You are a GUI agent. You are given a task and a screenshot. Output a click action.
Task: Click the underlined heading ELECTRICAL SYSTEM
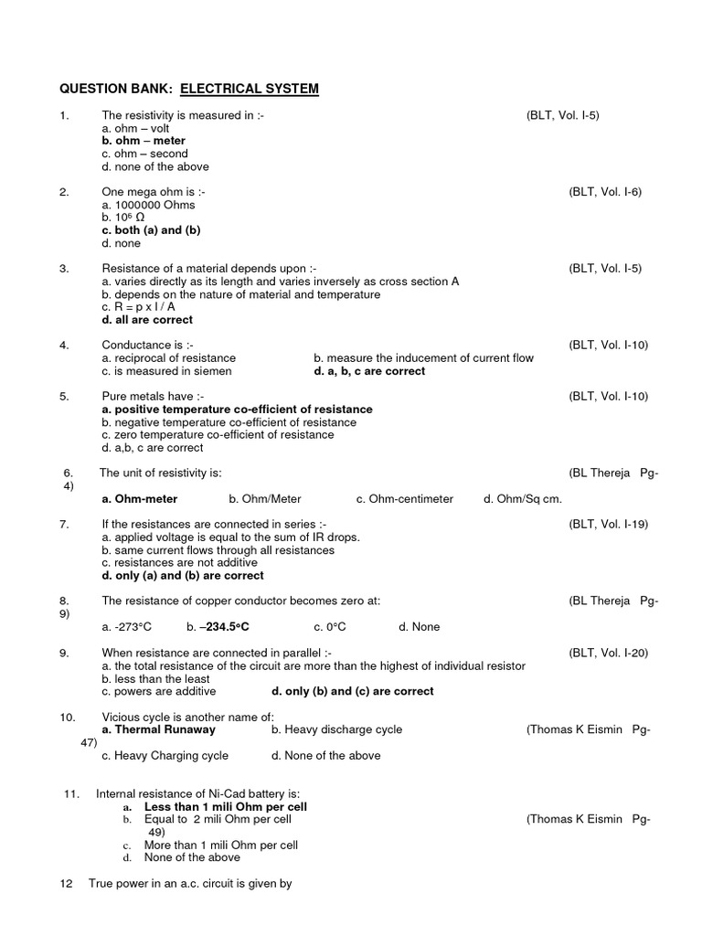pyautogui.click(x=249, y=89)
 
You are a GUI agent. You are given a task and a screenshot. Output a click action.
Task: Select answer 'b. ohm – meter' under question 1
pyautogui.click(x=144, y=141)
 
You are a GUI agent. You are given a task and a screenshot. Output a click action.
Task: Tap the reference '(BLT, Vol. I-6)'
pyautogui.click(x=605, y=192)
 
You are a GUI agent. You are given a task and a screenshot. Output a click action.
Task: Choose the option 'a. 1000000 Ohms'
pyautogui.click(x=148, y=206)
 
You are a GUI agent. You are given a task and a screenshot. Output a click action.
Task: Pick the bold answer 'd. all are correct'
pyautogui.click(x=147, y=320)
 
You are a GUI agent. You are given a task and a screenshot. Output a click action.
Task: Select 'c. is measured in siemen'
pyautogui.click(x=166, y=371)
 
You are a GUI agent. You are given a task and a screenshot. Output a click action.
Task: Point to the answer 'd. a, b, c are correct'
pyautogui.click(x=369, y=371)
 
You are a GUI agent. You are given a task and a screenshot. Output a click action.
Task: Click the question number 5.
pyautogui.click(x=64, y=397)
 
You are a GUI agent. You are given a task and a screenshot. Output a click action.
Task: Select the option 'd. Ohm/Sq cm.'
pyautogui.click(x=523, y=498)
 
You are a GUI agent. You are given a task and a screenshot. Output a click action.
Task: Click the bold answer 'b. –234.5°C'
pyautogui.click(x=218, y=627)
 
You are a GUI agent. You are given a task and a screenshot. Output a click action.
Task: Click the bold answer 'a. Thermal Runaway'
pyautogui.click(x=159, y=729)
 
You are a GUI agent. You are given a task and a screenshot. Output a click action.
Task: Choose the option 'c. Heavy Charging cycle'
pyautogui.click(x=165, y=756)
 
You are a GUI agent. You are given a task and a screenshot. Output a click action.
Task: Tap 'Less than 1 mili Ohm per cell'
pyautogui.click(x=225, y=807)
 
